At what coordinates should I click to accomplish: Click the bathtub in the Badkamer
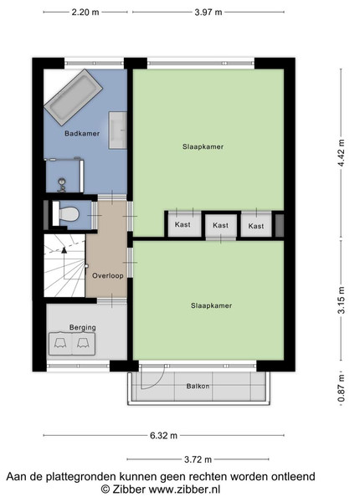pos(74,98)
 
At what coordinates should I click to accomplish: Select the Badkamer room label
pos(82,134)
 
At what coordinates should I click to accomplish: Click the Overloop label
pos(108,275)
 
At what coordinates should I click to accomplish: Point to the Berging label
pos(83,327)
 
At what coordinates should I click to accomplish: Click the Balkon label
pos(198,386)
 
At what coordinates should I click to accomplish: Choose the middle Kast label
pos(221,225)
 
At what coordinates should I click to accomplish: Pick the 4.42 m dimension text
pos(342,153)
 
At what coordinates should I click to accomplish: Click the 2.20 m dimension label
pos(85,13)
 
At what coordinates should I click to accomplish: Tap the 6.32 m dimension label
pos(163,435)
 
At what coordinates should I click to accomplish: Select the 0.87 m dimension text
pos(342,388)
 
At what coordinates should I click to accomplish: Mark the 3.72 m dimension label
pos(198,459)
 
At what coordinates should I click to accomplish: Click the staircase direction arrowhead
pos(64,250)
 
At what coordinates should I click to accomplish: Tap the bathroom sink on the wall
pos(118,130)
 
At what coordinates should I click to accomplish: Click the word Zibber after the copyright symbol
pos(129,489)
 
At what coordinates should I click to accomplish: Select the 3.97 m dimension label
pos(208,13)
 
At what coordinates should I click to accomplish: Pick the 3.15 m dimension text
pos(342,300)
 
